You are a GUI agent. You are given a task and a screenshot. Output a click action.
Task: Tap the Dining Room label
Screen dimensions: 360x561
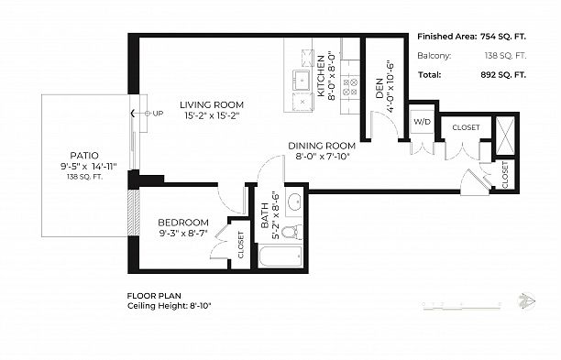(x=321, y=146)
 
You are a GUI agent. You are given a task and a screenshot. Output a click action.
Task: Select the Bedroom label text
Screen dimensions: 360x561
(x=182, y=223)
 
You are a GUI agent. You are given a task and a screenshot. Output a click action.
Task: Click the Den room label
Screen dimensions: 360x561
(x=379, y=88)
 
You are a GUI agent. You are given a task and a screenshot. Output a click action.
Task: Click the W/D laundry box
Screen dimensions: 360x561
(x=422, y=122)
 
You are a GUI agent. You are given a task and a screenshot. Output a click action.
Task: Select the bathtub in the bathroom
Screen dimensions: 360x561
(x=280, y=255)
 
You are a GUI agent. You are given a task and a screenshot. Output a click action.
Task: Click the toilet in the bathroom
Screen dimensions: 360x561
(x=291, y=232)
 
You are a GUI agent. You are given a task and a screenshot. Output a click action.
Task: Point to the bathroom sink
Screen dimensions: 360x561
(x=295, y=202)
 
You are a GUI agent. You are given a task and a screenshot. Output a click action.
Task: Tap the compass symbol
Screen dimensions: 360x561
(x=526, y=300)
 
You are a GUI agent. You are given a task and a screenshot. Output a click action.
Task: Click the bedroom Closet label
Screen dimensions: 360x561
(x=241, y=245)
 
